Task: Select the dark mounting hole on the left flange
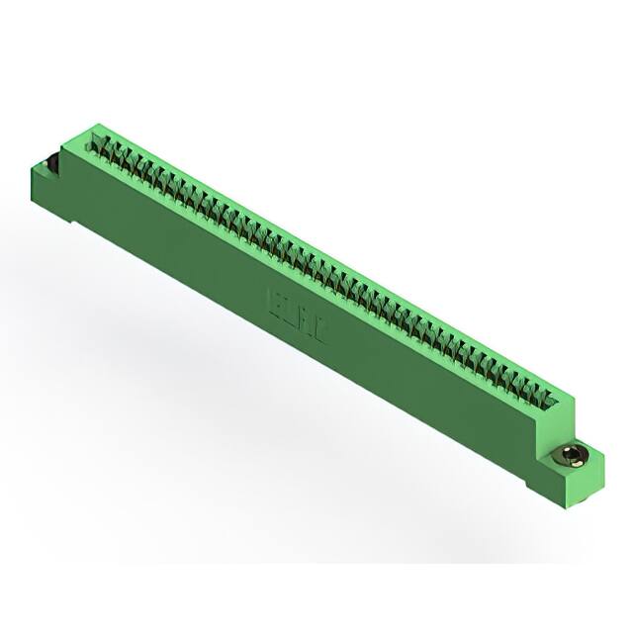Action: coord(47,161)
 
